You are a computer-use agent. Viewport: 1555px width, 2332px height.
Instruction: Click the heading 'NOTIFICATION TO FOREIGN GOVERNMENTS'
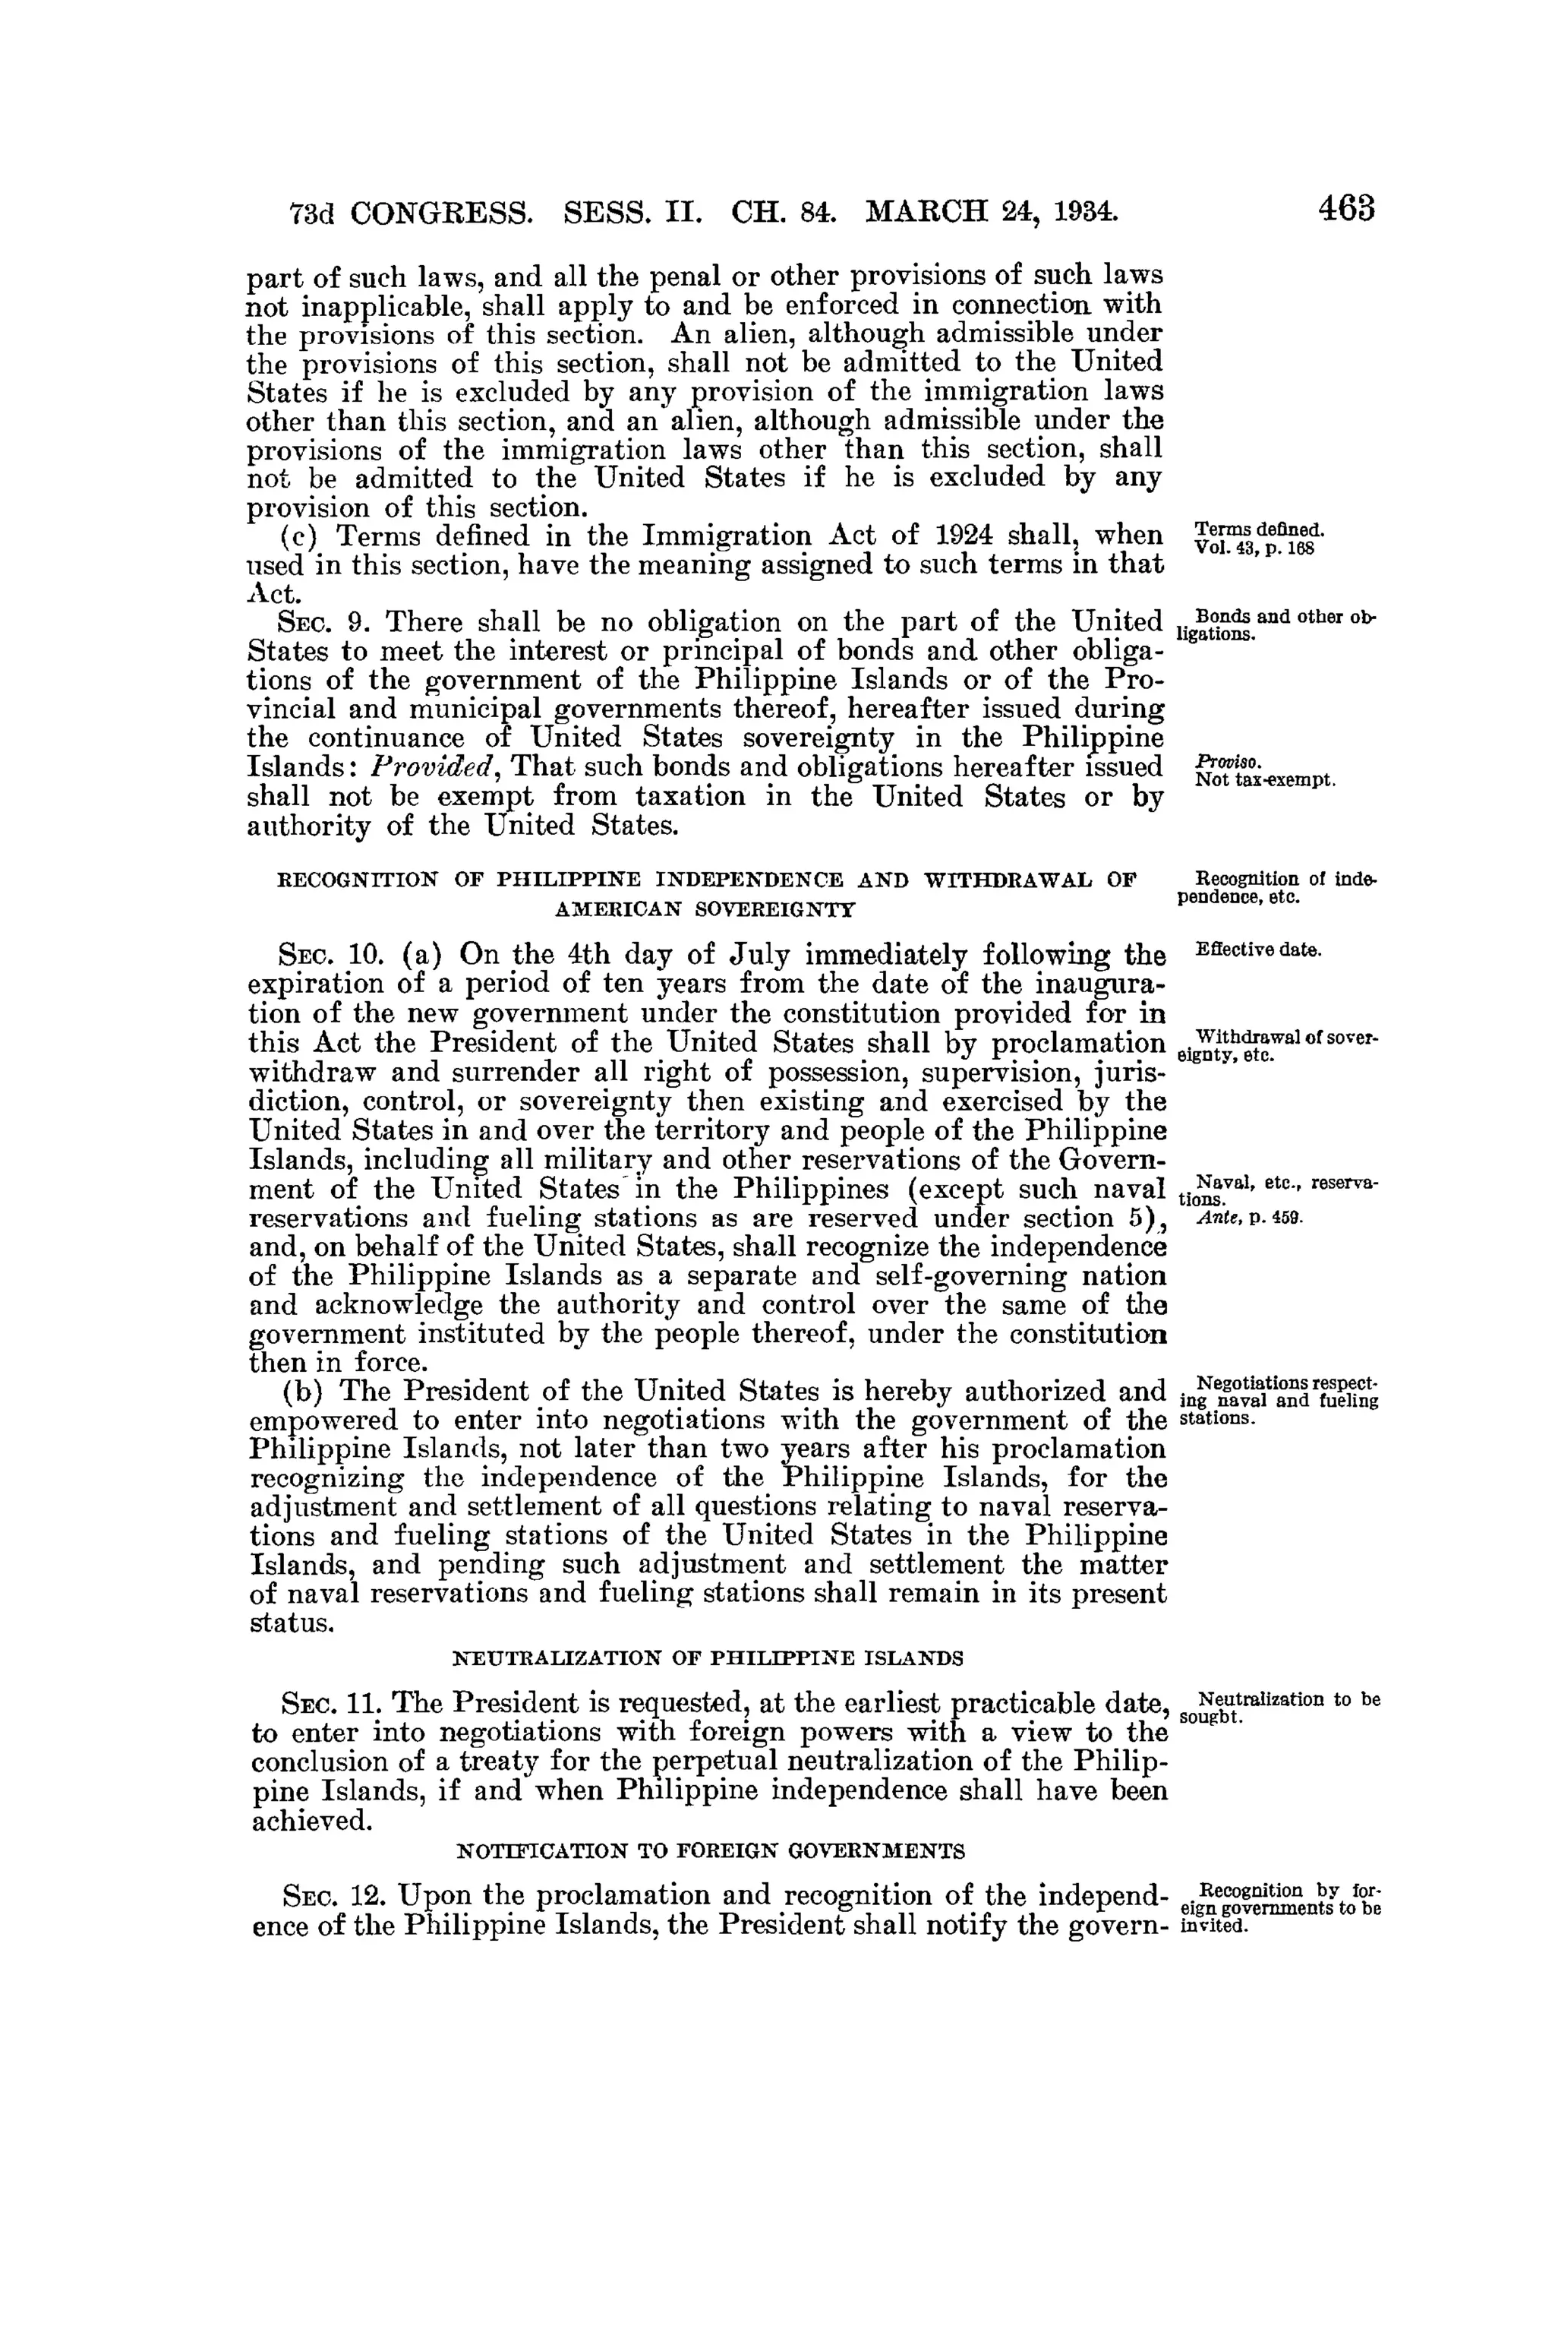(x=709, y=1852)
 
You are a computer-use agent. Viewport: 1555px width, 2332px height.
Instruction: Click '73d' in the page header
(x=312, y=212)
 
